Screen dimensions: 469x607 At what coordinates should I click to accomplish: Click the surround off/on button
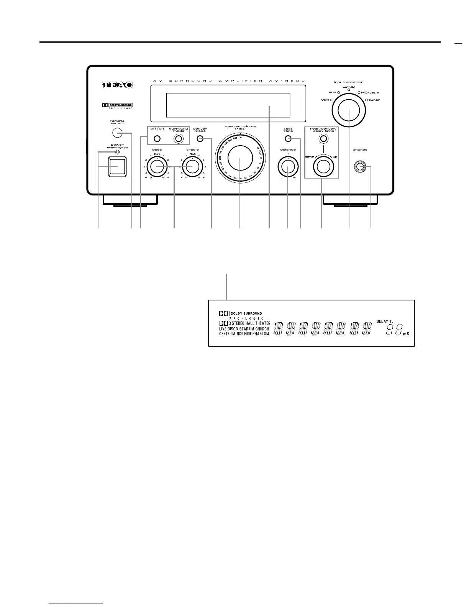click(156, 139)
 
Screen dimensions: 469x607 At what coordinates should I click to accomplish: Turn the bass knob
click(157, 166)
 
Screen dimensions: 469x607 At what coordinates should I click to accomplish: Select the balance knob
click(288, 166)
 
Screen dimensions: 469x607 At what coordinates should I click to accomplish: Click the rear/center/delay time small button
click(324, 139)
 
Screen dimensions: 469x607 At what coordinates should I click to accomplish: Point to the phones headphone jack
click(360, 167)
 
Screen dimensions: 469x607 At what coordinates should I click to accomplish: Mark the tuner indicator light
click(366, 100)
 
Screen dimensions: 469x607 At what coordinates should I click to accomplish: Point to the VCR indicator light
click(331, 100)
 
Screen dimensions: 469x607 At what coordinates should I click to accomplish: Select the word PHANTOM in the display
click(261, 334)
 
